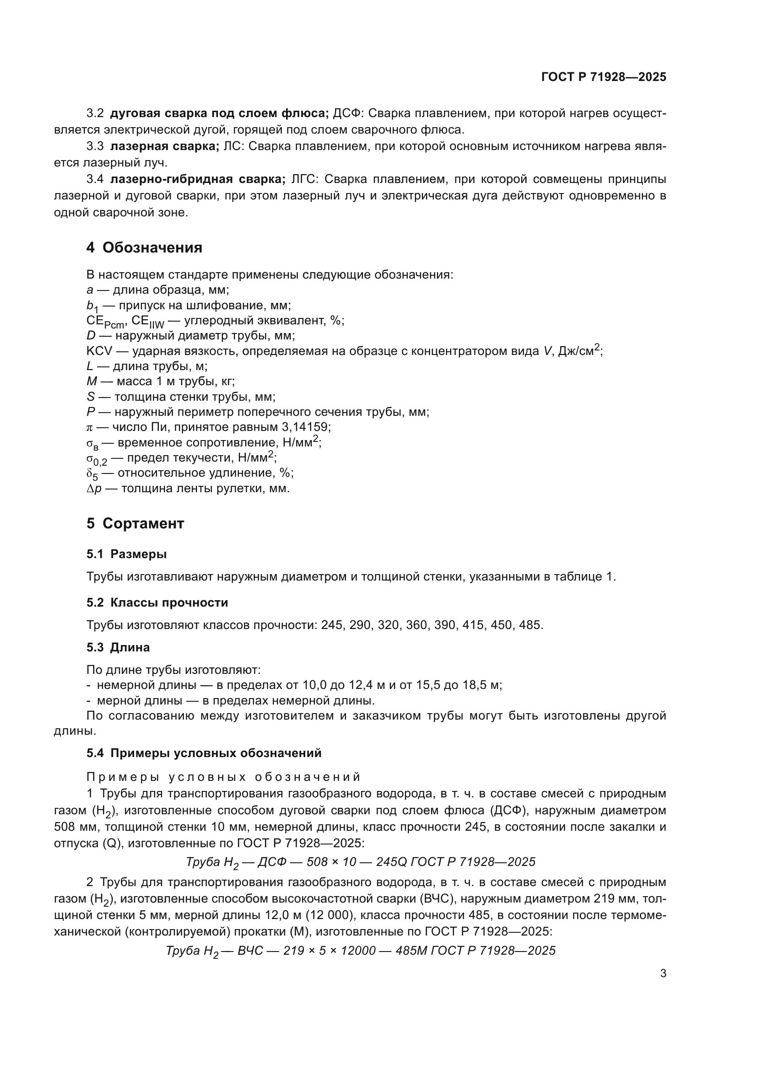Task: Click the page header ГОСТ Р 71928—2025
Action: tap(604, 77)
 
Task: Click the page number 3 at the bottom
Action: tap(663, 973)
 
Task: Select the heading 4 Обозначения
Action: tap(144, 248)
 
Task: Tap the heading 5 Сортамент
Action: tap(135, 523)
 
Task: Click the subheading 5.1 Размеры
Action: tap(126, 554)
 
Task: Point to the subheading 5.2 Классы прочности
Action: tap(157, 602)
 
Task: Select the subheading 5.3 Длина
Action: tap(118, 647)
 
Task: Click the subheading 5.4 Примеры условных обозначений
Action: tap(204, 753)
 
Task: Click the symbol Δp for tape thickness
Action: tap(94, 489)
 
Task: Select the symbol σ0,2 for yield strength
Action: tap(97, 458)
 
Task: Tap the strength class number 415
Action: tap(471, 625)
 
